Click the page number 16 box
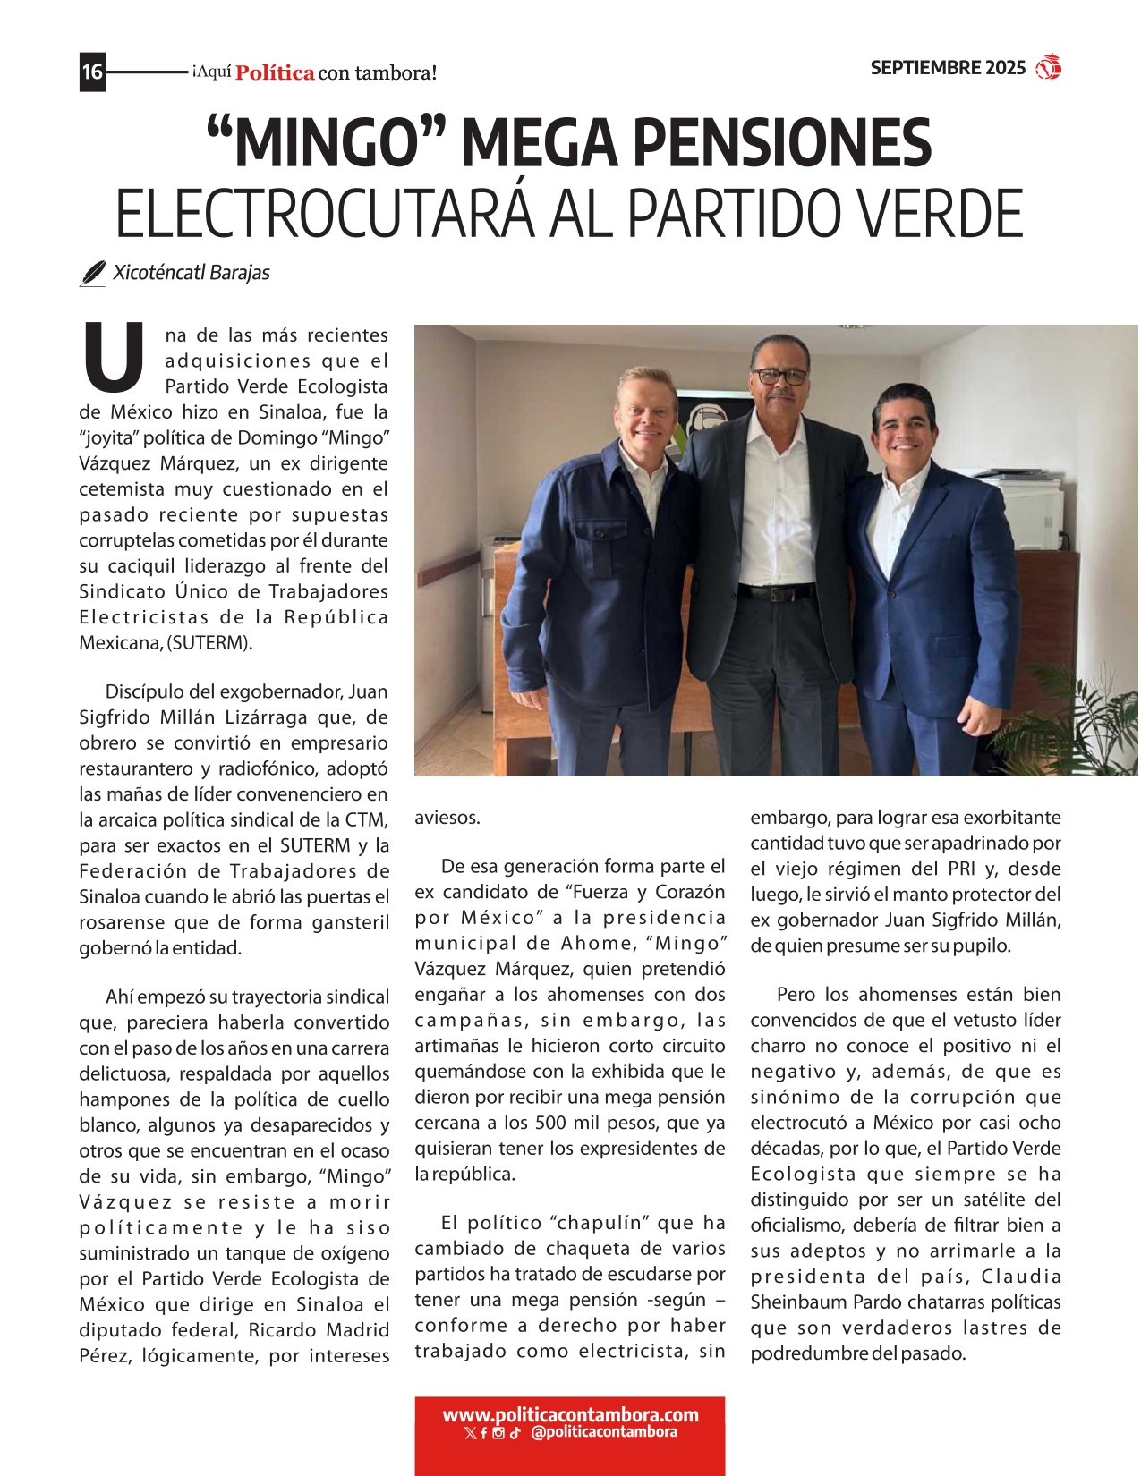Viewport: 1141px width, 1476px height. [92, 71]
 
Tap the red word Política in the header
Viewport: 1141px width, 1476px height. [275, 73]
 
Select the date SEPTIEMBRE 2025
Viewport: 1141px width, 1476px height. [948, 68]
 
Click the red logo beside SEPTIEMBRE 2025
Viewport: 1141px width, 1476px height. [1048, 68]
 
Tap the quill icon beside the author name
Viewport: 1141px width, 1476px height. [92, 274]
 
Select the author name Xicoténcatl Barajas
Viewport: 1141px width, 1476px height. [192, 273]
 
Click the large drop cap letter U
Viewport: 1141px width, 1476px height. [114, 357]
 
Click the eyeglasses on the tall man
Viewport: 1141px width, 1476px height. [779, 376]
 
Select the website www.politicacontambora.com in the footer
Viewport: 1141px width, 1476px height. [570, 1415]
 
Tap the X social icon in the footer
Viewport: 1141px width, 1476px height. [471, 1433]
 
